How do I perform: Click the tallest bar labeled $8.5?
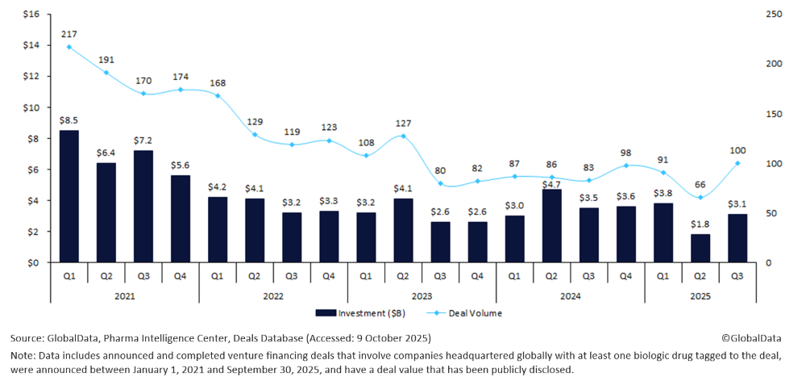pyautogui.click(x=69, y=196)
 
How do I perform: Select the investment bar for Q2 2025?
pyautogui.click(x=700, y=249)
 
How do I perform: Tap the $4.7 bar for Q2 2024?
pyautogui.click(x=552, y=226)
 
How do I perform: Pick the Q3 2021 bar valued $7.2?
pyautogui.click(x=143, y=207)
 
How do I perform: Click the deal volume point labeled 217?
pyautogui.click(x=69, y=47)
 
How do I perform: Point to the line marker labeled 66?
pyautogui.click(x=700, y=197)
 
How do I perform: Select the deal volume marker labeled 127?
pyautogui.click(x=403, y=136)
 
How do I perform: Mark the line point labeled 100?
pyautogui.click(x=737, y=163)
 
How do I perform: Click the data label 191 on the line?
pyautogui.click(x=106, y=60)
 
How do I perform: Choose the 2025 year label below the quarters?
pyautogui.click(x=700, y=295)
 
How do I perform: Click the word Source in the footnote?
pyautogui.click(x=27, y=338)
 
